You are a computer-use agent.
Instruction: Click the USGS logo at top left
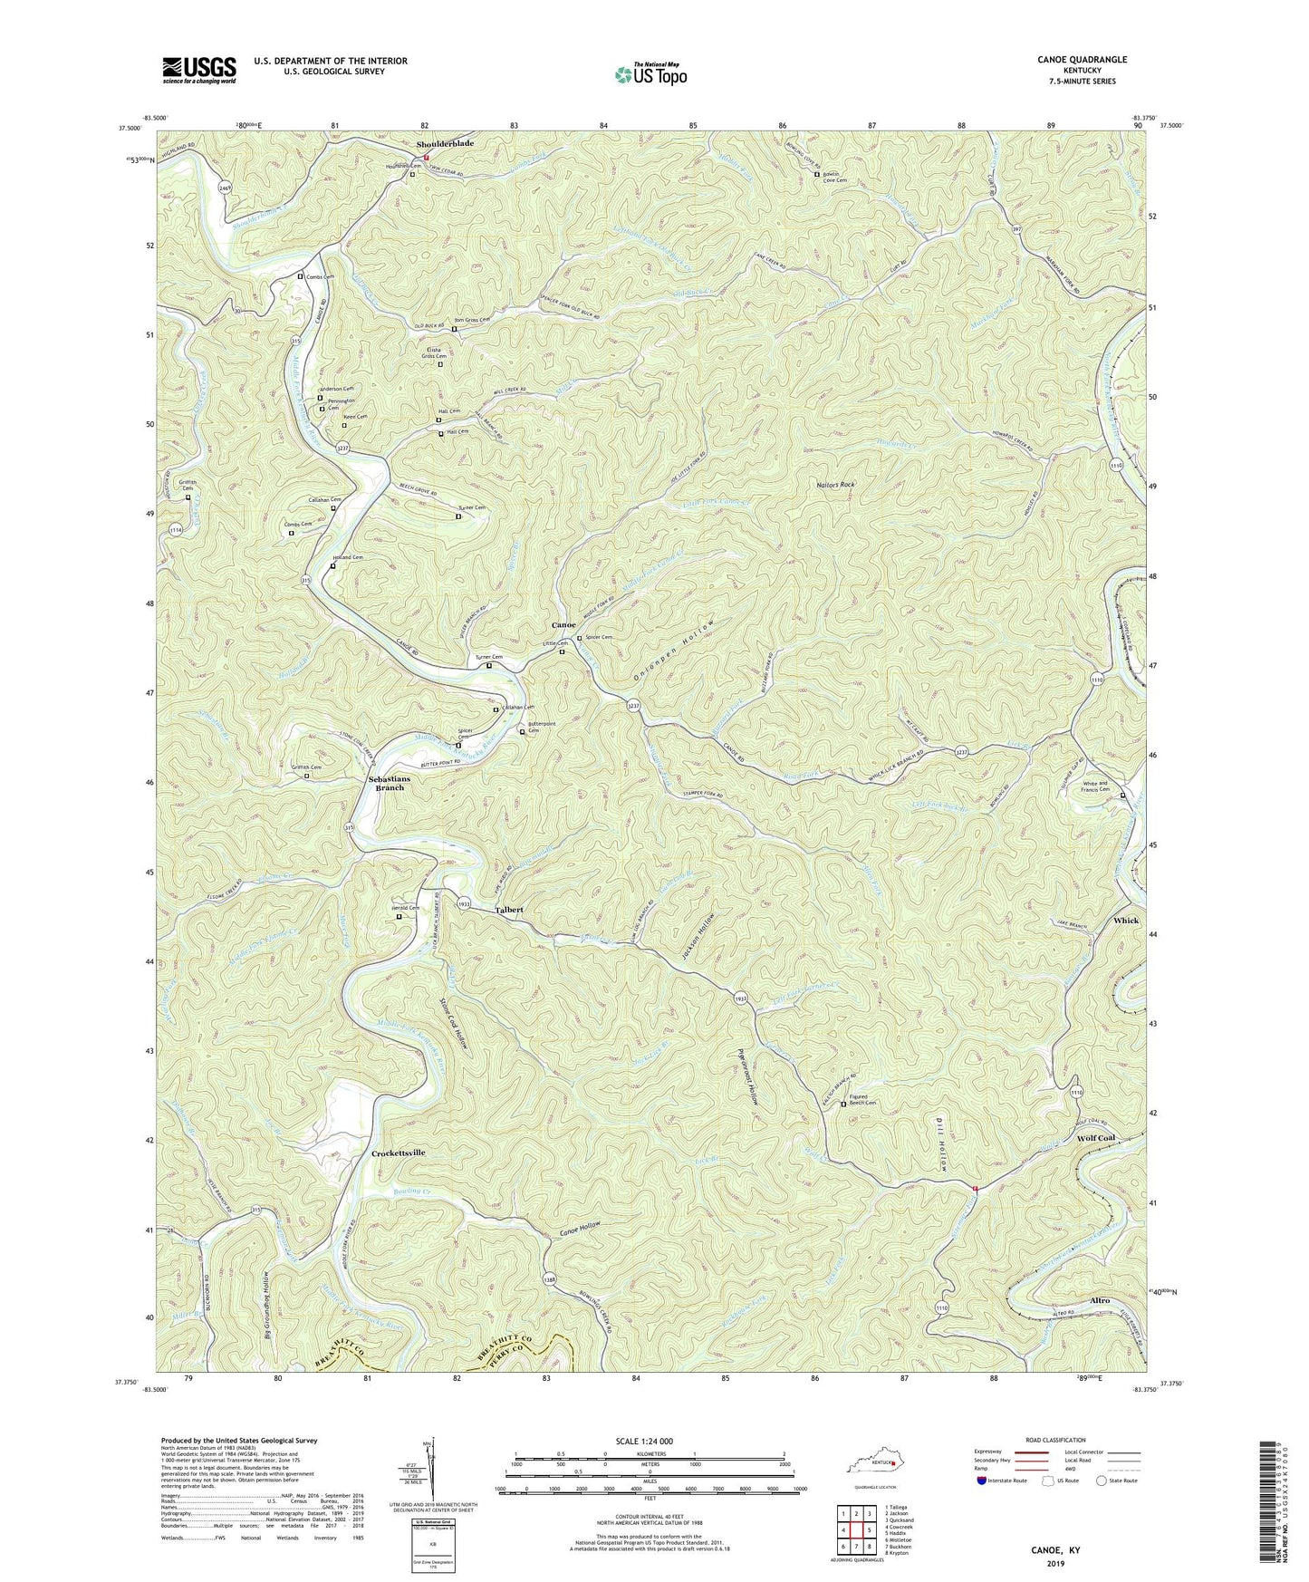coord(199,69)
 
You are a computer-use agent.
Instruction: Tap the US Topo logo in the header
coord(650,74)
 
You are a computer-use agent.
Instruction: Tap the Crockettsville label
coord(399,1153)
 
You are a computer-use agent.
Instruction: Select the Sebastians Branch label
coord(394,784)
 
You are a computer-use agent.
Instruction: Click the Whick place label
coord(1126,921)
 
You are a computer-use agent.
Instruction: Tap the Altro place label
coord(1100,1300)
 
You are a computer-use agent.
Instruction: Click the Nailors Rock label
coord(834,485)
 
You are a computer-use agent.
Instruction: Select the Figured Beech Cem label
coord(863,1100)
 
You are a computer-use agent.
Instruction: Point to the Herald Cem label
coord(409,908)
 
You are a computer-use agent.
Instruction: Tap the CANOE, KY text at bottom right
coord(1056,1549)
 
